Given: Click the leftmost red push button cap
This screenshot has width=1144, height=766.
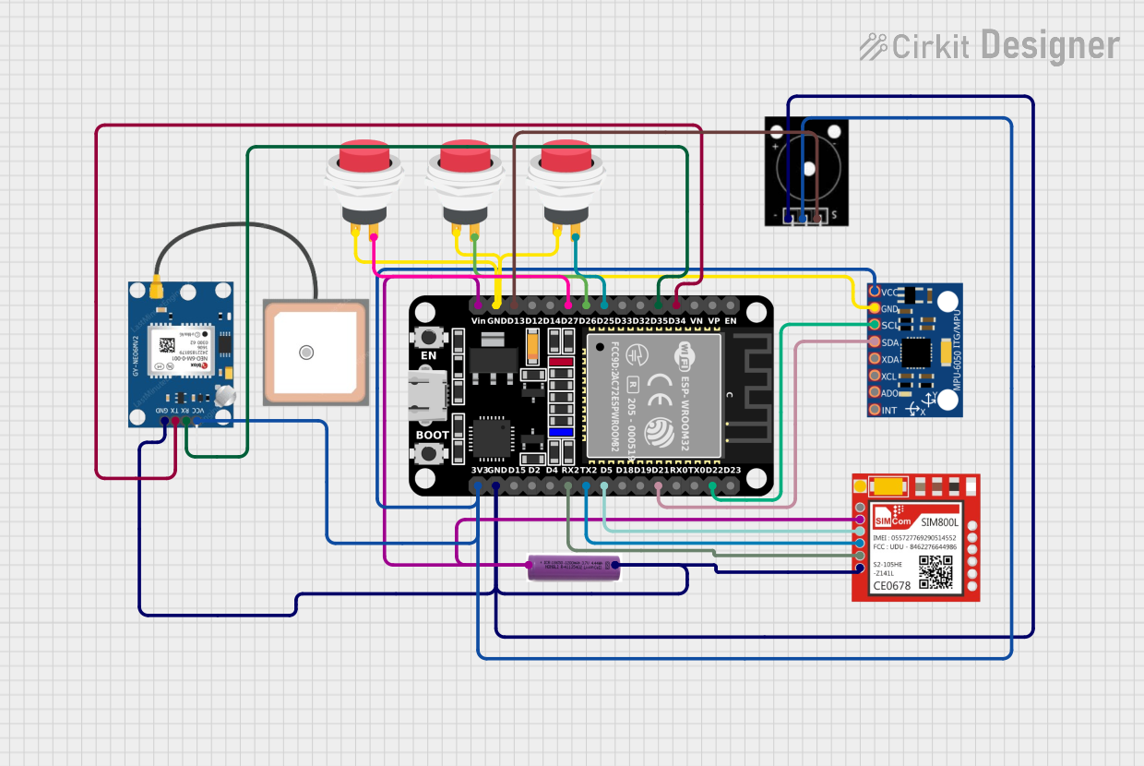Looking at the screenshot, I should [x=364, y=156].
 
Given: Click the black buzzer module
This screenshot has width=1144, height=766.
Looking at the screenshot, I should [x=806, y=171].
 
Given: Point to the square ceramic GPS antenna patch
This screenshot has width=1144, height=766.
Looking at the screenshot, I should [x=316, y=352].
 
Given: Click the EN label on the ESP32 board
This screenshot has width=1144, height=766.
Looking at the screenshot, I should [x=428, y=355].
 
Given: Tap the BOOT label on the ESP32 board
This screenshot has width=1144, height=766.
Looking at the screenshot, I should [x=432, y=435].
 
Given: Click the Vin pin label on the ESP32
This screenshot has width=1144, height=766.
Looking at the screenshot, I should [x=478, y=320].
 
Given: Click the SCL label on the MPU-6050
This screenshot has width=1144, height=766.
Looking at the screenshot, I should [x=890, y=326].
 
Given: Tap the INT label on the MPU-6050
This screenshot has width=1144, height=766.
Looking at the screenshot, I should [x=889, y=410].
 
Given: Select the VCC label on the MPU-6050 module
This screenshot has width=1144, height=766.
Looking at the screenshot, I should [x=889, y=292].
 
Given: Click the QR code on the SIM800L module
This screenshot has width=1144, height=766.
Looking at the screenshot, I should [x=935, y=572].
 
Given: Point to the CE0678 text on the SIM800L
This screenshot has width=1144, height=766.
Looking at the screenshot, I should [x=891, y=585].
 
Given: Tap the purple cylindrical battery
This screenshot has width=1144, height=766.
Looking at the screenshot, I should [x=572, y=568].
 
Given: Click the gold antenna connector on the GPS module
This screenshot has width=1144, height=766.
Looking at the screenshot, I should [x=157, y=290].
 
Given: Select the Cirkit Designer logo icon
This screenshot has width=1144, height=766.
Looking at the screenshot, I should [x=873, y=46].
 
